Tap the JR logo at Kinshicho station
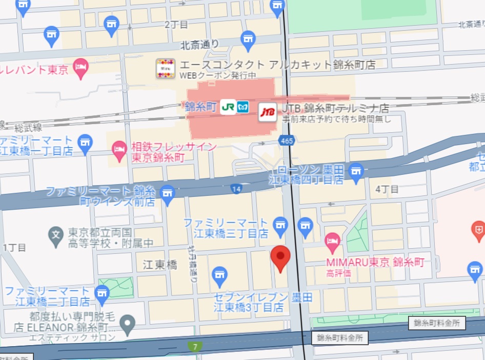(x=227, y=108)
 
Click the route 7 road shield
(x=195, y=347)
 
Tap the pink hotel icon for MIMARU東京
(x=332, y=240)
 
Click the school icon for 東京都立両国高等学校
(x=55, y=235)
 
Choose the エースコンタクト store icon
(x=166, y=68)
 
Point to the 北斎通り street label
(x=200, y=45)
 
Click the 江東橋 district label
(x=160, y=265)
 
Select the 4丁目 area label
(x=387, y=189)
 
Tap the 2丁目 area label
(x=176, y=24)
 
